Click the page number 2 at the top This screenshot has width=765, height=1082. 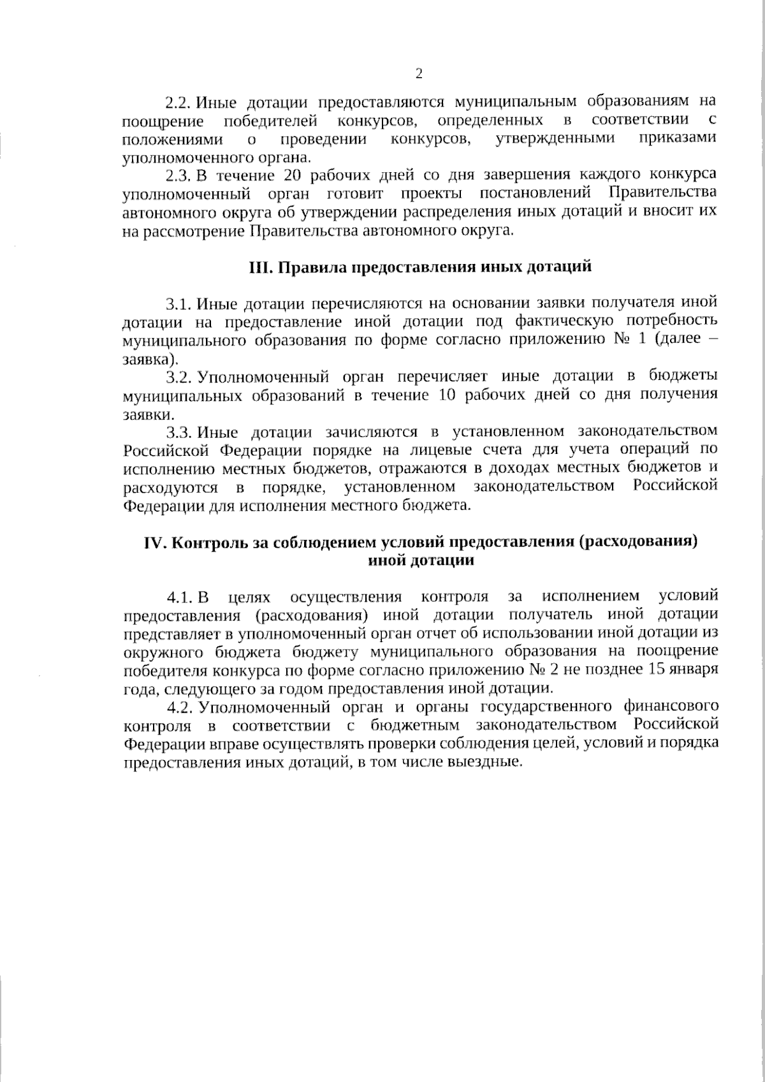pyautogui.click(x=419, y=75)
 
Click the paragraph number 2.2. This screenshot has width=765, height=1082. pyautogui.click(x=179, y=102)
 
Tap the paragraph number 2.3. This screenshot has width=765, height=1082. pyautogui.click(x=179, y=175)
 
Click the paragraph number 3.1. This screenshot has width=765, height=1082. pyautogui.click(x=179, y=302)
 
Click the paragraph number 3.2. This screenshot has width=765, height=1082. pyautogui.click(x=179, y=377)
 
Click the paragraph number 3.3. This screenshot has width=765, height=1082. pyautogui.click(x=179, y=433)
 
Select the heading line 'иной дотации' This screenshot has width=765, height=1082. pyautogui.click(x=421, y=561)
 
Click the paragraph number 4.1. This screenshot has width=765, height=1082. pyautogui.click(x=179, y=597)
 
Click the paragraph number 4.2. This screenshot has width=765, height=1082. pyautogui.click(x=179, y=707)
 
